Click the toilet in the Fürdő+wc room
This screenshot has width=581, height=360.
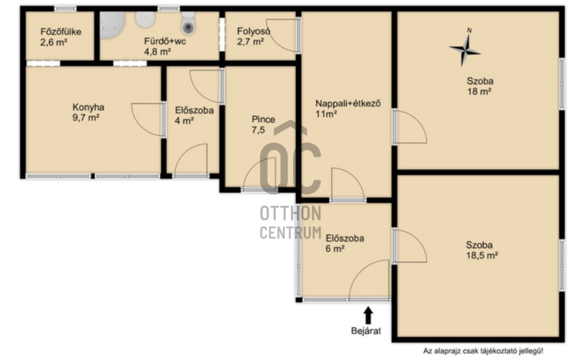(x=188, y=22)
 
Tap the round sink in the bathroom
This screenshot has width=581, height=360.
(x=145, y=19)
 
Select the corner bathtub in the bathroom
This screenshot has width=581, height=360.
(x=112, y=25)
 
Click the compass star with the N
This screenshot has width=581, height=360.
(x=465, y=49)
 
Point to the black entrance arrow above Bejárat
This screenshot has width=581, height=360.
(x=368, y=315)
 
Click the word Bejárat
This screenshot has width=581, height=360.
(x=366, y=330)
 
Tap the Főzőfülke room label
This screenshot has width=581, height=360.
(x=60, y=32)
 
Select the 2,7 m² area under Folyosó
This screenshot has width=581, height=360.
(x=251, y=42)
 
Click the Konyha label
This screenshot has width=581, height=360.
(x=88, y=107)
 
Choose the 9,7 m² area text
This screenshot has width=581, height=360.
(x=86, y=118)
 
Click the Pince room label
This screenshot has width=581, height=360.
(x=264, y=120)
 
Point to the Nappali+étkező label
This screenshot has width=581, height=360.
(x=348, y=104)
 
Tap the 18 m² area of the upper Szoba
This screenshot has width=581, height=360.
(x=479, y=91)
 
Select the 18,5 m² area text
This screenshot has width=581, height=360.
(x=482, y=255)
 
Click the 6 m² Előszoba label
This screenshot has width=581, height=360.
(x=345, y=238)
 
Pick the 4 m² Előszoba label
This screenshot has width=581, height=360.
(x=194, y=110)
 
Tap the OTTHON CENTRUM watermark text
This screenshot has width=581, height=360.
(x=291, y=222)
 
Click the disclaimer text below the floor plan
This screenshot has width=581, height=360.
(x=483, y=351)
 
